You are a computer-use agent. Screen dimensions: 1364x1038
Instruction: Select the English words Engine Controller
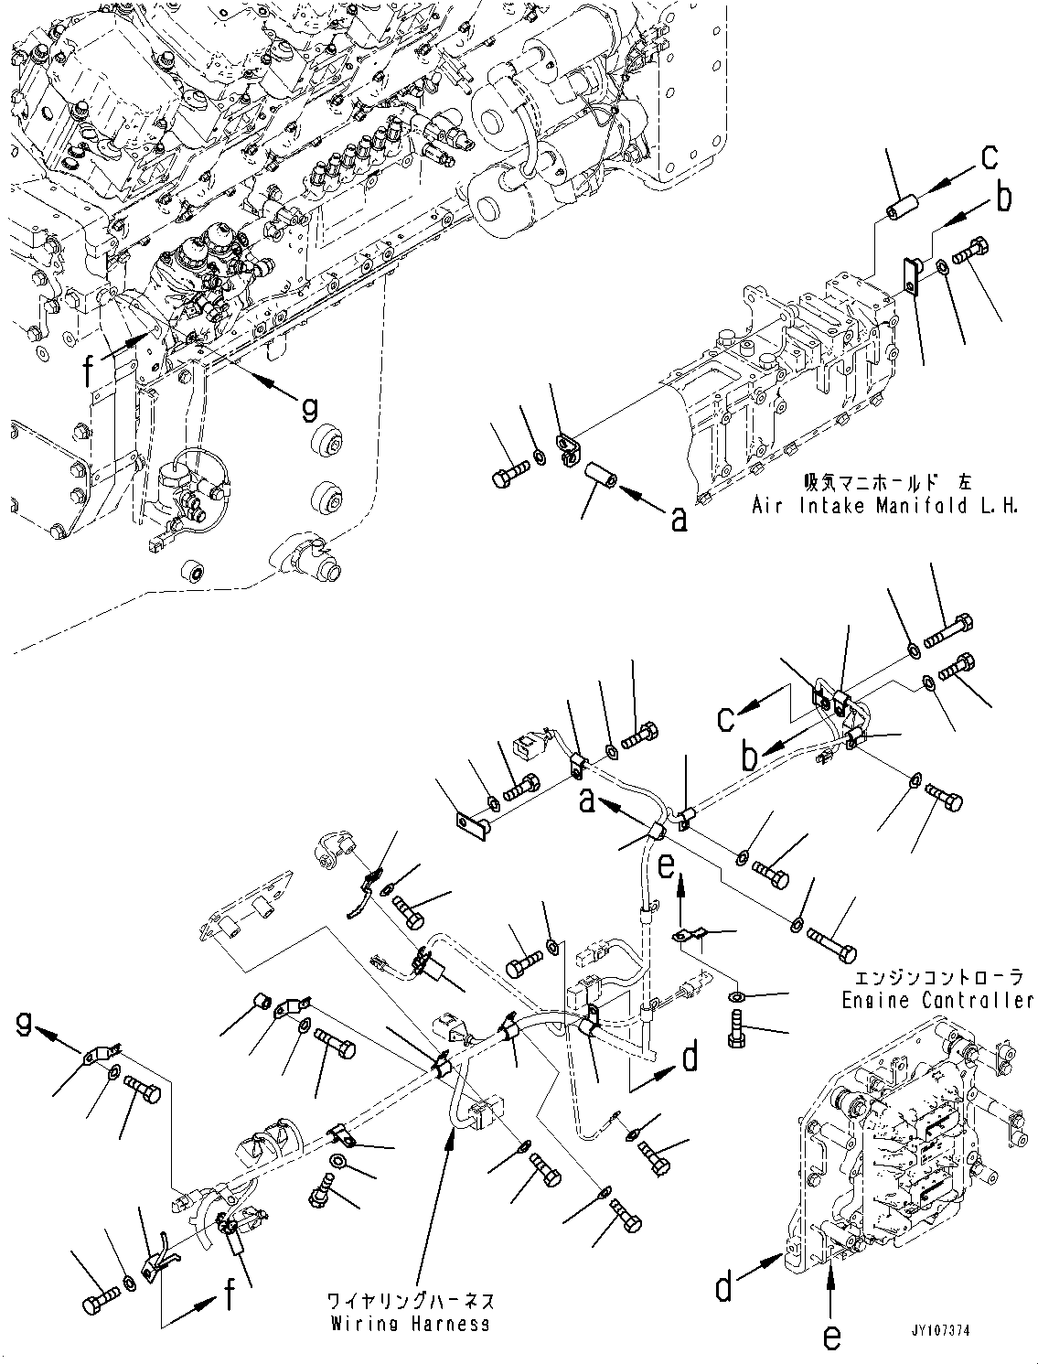938,1001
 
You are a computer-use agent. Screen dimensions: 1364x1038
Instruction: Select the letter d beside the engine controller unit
724,1290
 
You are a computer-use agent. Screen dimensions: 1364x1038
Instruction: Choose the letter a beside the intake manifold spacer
679,520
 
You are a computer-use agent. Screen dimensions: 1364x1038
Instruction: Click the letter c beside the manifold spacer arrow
990,157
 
